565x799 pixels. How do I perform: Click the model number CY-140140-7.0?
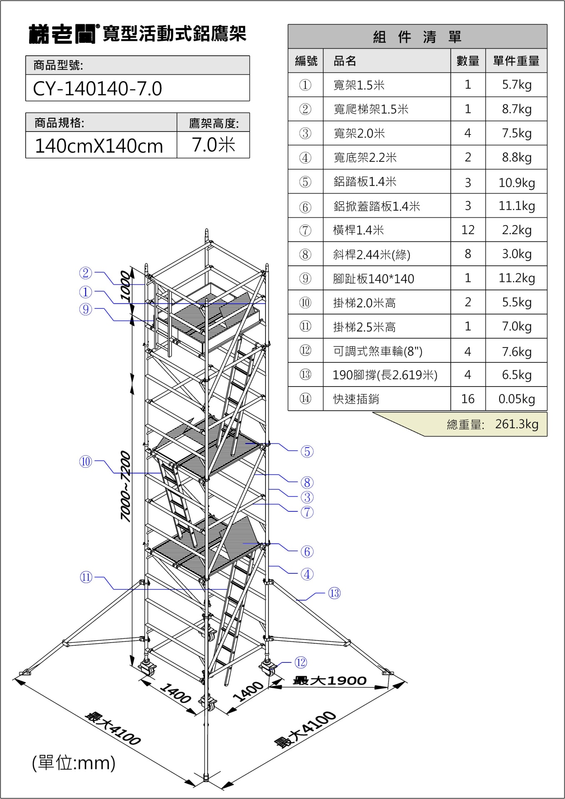coord(97,88)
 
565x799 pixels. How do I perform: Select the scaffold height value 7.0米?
coord(213,145)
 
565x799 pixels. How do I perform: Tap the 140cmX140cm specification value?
coord(99,146)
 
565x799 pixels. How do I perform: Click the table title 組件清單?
coord(417,37)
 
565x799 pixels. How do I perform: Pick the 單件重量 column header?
coord(516,61)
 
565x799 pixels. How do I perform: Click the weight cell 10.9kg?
coord(517,182)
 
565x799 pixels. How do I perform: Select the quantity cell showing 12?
coord(468,230)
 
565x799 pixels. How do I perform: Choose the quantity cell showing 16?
coord(468,399)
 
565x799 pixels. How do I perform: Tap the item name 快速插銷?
coord(356,399)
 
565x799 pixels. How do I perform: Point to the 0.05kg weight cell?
coord(517,399)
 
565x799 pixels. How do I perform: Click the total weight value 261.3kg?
coord(517,424)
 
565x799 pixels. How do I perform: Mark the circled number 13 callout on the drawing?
coord(334,593)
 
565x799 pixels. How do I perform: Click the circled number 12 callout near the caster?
coord(301,662)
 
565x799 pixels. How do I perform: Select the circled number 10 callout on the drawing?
coord(86,461)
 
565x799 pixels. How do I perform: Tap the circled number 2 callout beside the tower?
coord(86,273)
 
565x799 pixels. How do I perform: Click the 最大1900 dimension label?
coord(330,681)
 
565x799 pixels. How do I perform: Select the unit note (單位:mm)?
coord(74,763)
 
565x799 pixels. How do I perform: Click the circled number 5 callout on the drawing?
coord(307,452)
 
